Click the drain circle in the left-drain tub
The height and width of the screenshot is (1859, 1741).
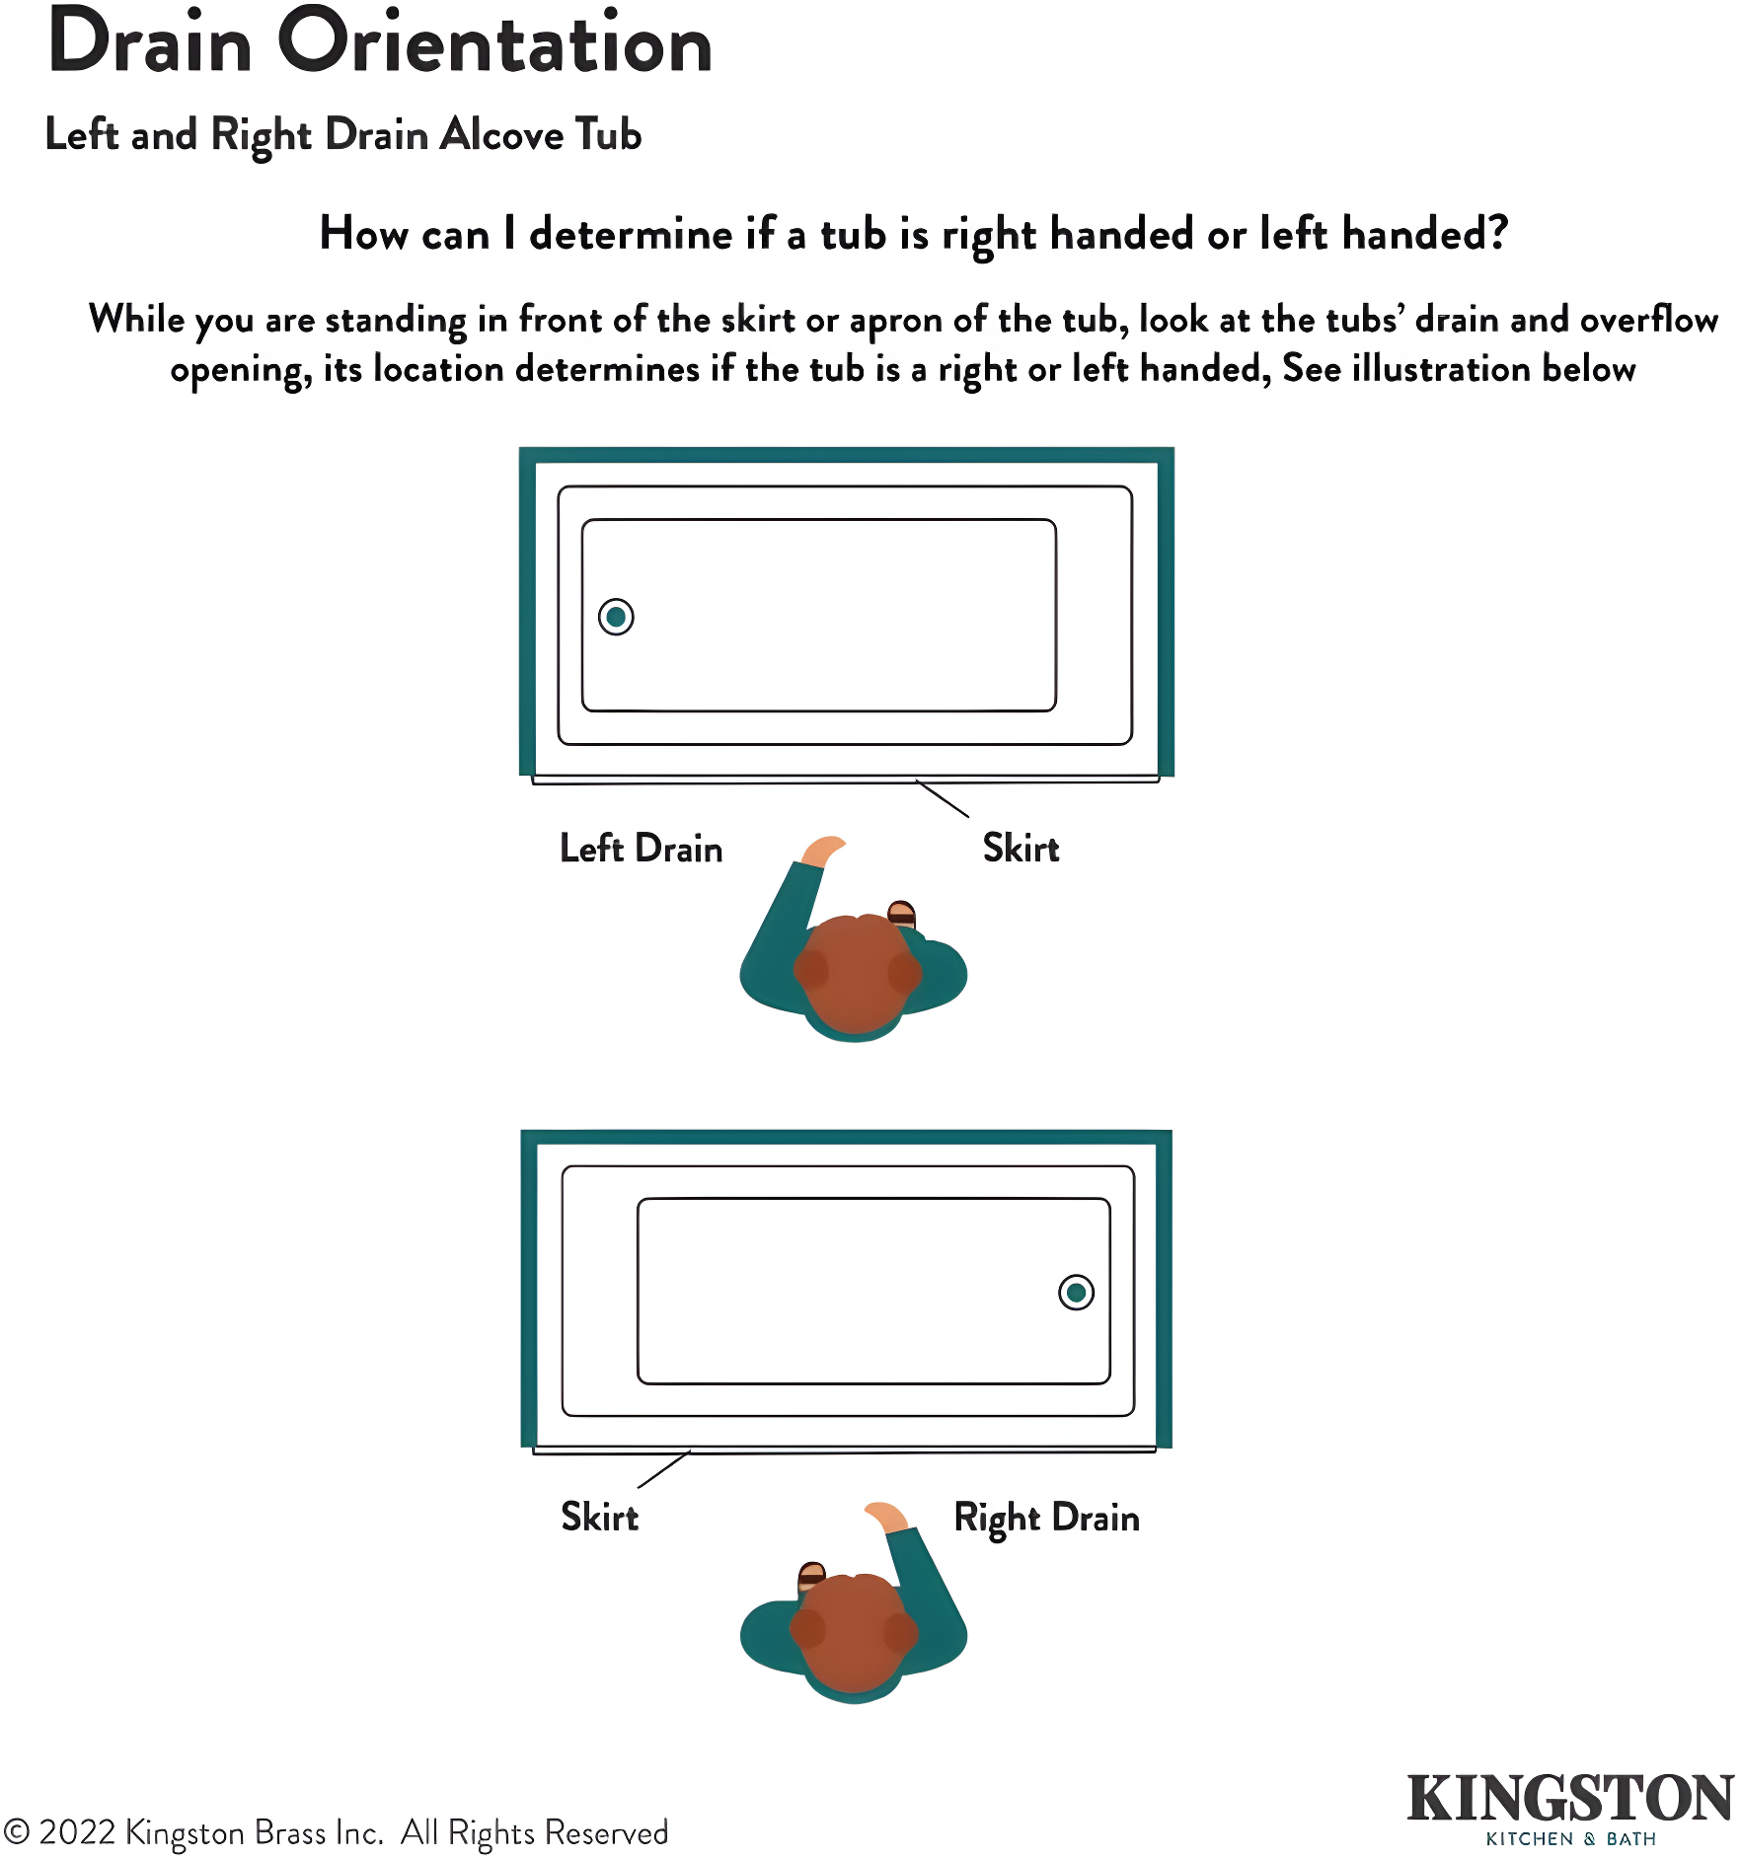point(616,617)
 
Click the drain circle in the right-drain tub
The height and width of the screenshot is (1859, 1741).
point(1076,1292)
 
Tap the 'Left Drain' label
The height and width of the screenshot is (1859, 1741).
point(642,849)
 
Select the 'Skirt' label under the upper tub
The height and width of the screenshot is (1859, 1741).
point(1022,848)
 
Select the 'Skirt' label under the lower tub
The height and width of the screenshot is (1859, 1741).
point(600,1517)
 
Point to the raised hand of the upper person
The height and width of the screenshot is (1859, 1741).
point(823,851)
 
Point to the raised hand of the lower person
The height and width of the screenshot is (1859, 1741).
point(886,1516)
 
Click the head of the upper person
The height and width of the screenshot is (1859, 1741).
point(857,972)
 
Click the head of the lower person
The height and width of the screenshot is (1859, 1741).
point(855,1633)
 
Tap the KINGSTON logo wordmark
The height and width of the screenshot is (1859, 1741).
point(1570,1798)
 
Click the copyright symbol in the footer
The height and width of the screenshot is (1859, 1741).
point(17,1832)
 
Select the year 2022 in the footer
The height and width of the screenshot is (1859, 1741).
point(78,1832)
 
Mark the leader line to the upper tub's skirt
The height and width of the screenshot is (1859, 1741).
point(942,798)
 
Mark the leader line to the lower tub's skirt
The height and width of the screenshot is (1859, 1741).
point(664,1469)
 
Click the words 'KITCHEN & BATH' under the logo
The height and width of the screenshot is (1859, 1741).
point(1571,1839)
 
